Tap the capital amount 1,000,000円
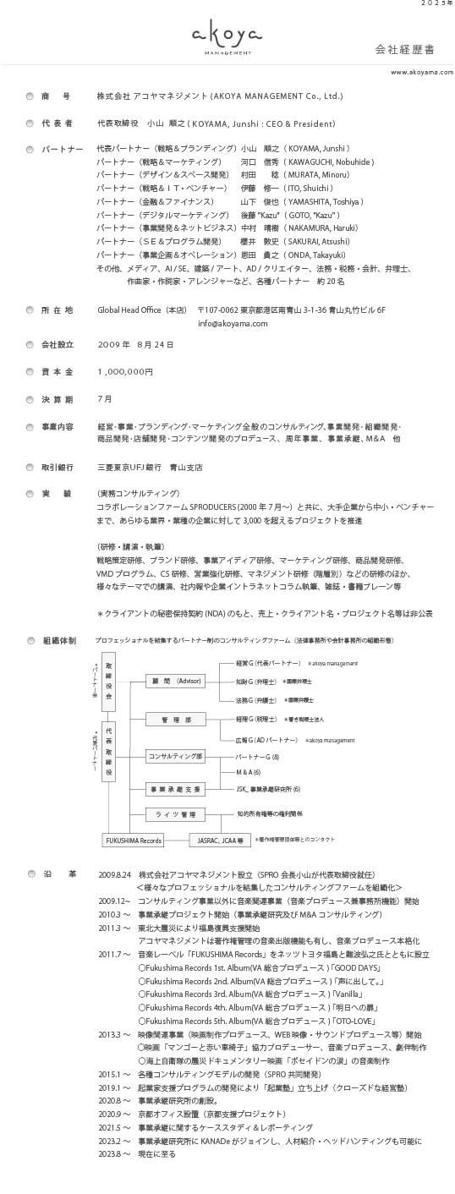[x=125, y=371]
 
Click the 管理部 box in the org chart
[x=175, y=719]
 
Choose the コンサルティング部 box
[x=175, y=756]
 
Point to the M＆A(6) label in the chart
[x=248, y=772]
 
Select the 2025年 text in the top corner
[x=437, y=4]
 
